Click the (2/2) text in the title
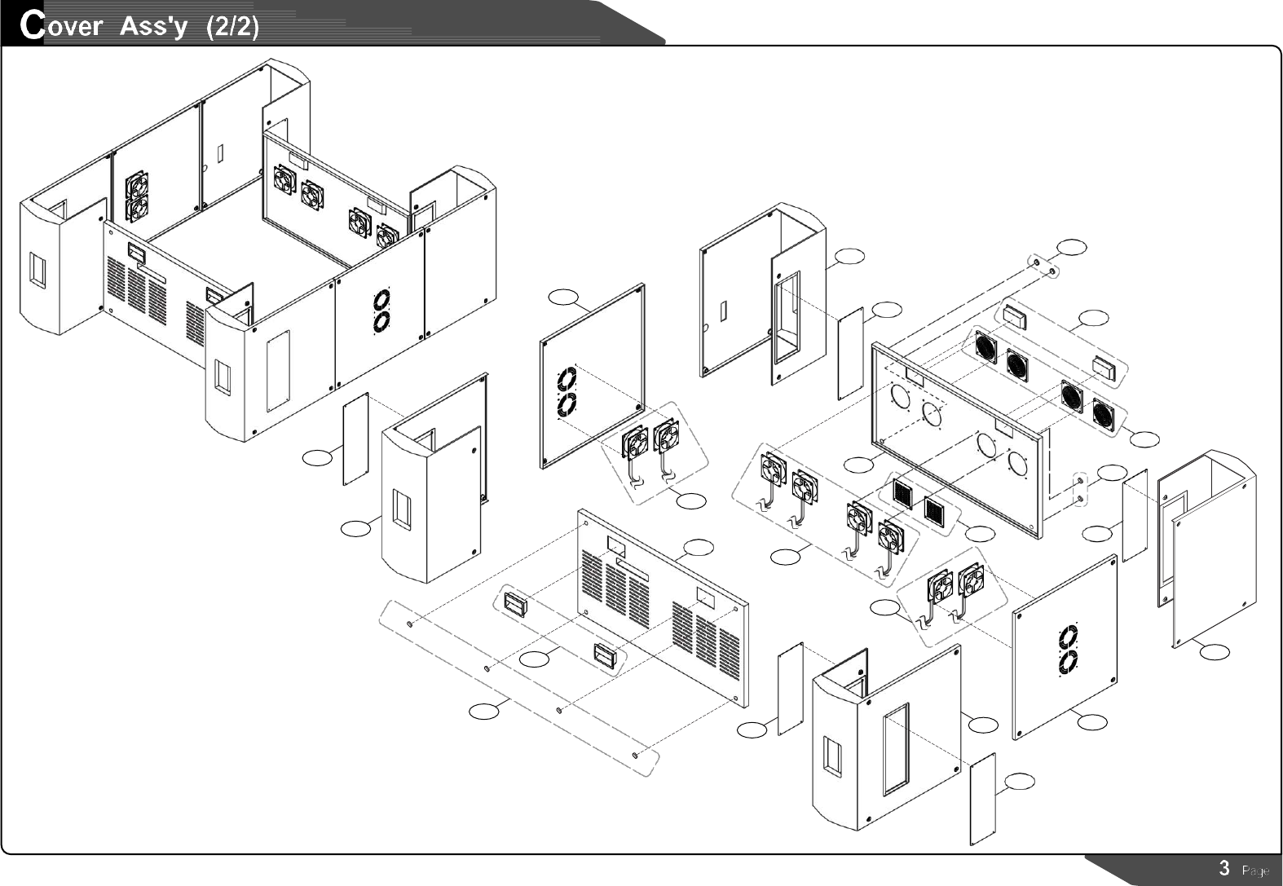click(x=233, y=27)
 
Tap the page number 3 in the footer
click(x=1223, y=868)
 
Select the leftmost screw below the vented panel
click(x=408, y=624)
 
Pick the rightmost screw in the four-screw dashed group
click(x=635, y=756)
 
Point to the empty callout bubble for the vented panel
click(x=699, y=547)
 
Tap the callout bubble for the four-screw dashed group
click(x=483, y=712)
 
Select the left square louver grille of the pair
click(x=902, y=493)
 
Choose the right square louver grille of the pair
click(x=935, y=509)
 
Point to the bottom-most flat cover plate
click(x=982, y=799)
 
